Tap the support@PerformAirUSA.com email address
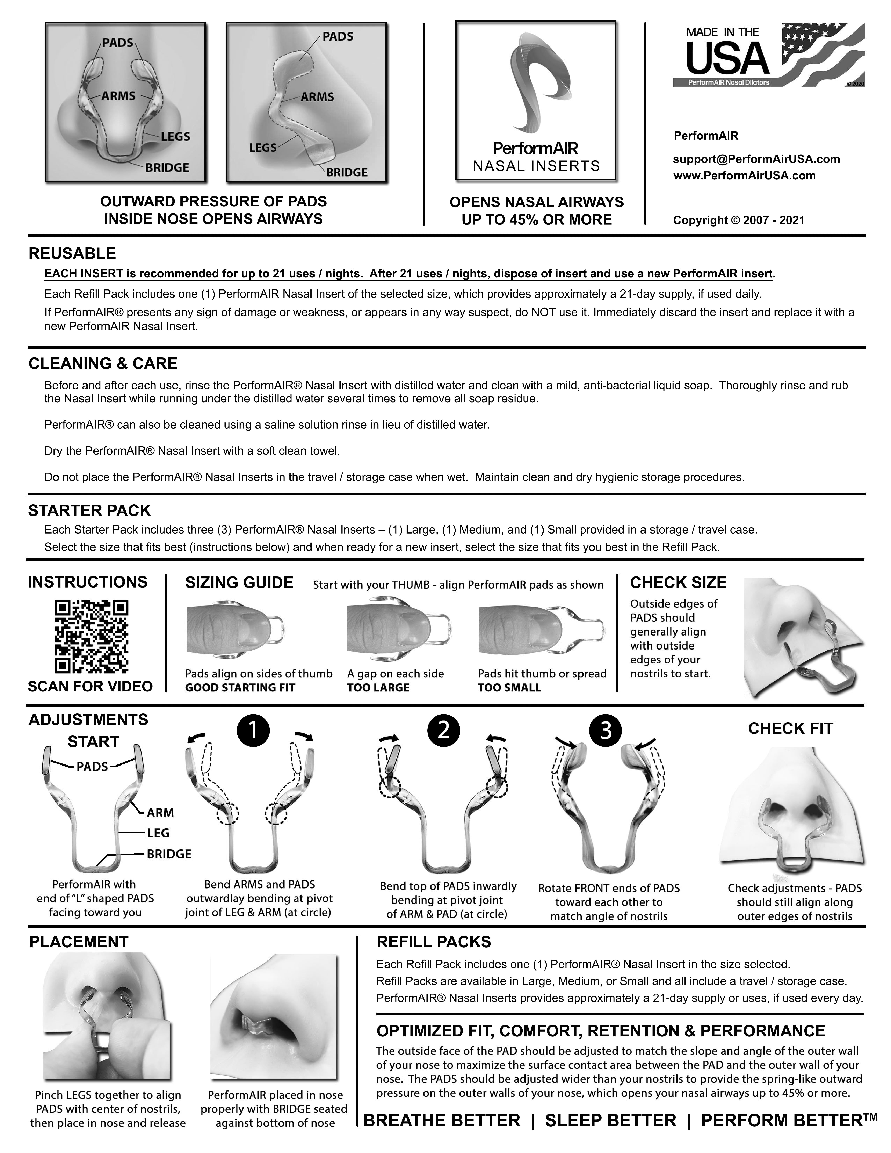[x=756, y=159]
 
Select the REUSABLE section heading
[x=72, y=253]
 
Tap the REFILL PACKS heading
[x=433, y=942]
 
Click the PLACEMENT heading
[x=79, y=942]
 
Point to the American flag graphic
[x=823, y=53]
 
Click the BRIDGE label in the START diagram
[x=168, y=854]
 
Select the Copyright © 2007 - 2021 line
[x=738, y=220]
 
